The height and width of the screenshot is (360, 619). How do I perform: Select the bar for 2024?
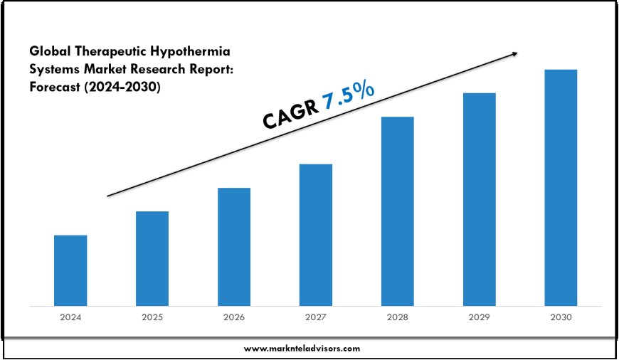point(70,270)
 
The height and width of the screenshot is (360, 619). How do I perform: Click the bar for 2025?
point(152,258)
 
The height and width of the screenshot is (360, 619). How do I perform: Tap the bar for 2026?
point(234,247)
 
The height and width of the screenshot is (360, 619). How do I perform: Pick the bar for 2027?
point(316,235)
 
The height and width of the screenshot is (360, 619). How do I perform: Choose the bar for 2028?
point(398,211)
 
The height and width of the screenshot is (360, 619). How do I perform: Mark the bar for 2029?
point(480,199)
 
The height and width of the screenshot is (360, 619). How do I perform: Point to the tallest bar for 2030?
point(561,188)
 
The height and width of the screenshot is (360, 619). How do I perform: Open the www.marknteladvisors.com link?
point(302,349)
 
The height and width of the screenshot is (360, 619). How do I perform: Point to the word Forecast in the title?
point(57,87)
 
